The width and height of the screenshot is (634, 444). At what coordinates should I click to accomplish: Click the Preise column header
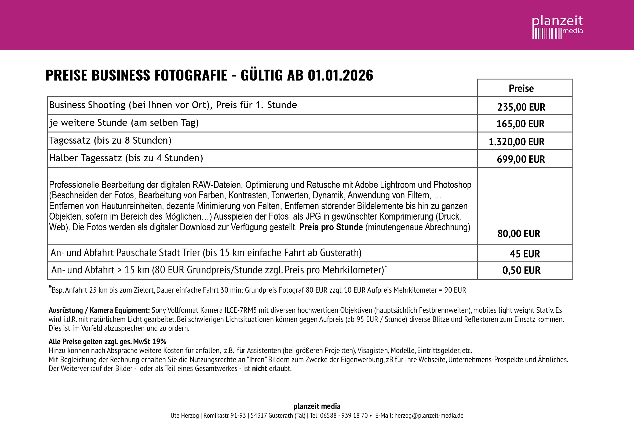521,89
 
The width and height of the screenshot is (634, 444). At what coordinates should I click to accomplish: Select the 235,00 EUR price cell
521,107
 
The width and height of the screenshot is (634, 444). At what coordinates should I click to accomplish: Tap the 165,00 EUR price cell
520,124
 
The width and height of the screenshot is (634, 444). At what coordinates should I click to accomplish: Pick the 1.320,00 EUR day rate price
516,142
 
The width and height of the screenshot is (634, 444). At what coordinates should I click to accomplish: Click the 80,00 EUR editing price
519,234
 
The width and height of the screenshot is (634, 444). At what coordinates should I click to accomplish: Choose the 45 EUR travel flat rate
525,254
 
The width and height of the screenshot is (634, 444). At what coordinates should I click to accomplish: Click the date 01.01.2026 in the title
340,75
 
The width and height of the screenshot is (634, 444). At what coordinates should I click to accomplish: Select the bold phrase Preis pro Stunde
331,227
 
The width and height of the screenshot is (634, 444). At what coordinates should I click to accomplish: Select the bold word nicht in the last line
259,369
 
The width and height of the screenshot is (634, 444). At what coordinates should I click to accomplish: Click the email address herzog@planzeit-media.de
429,416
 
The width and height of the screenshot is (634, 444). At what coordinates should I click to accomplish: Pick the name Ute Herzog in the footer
184,416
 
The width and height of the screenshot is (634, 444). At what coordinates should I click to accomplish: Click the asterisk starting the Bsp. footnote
50,287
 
